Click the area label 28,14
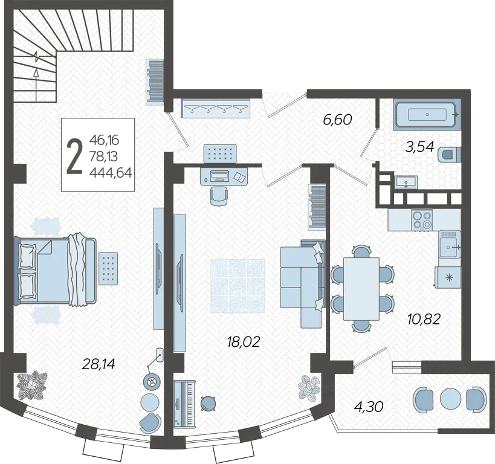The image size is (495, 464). [x=98, y=364]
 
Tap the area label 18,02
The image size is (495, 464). [x=243, y=341]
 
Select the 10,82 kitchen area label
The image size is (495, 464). [x=424, y=320]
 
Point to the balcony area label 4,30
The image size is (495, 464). [x=369, y=407]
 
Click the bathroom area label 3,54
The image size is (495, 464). [x=419, y=147]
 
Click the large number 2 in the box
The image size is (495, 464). [x=74, y=156]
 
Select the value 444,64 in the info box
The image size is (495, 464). [x=111, y=173]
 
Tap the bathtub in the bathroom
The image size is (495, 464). [x=427, y=114]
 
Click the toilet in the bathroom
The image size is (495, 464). [x=450, y=155]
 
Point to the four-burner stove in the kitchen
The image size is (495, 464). [x=422, y=220]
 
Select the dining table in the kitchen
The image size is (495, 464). [x=361, y=289]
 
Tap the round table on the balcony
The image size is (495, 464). [x=448, y=398]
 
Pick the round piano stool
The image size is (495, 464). [x=208, y=404]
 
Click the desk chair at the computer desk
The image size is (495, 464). [x=218, y=196]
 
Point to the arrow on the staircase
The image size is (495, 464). [x=37, y=85]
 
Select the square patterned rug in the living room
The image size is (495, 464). [x=238, y=286]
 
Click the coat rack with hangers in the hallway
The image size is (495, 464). [x=216, y=108]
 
